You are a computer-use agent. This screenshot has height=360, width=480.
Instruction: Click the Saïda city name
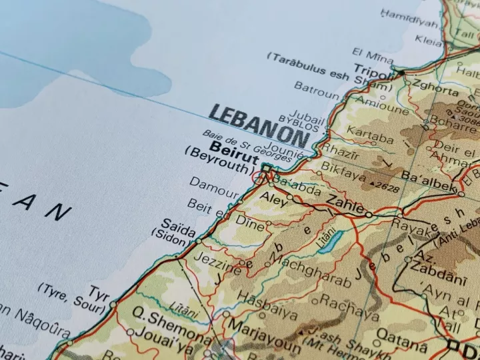[x=179, y=223]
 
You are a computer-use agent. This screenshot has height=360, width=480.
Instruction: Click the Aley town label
[x=272, y=198]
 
